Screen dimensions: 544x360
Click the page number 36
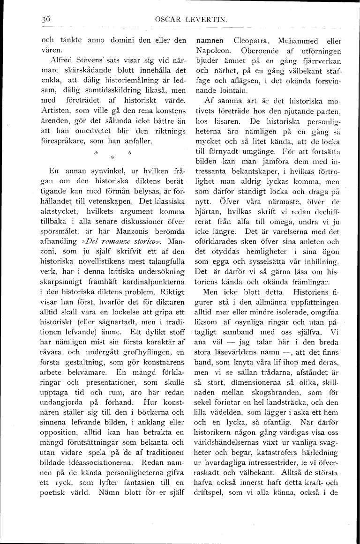tap(45, 19)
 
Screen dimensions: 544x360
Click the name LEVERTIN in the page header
tap(196, 20)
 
